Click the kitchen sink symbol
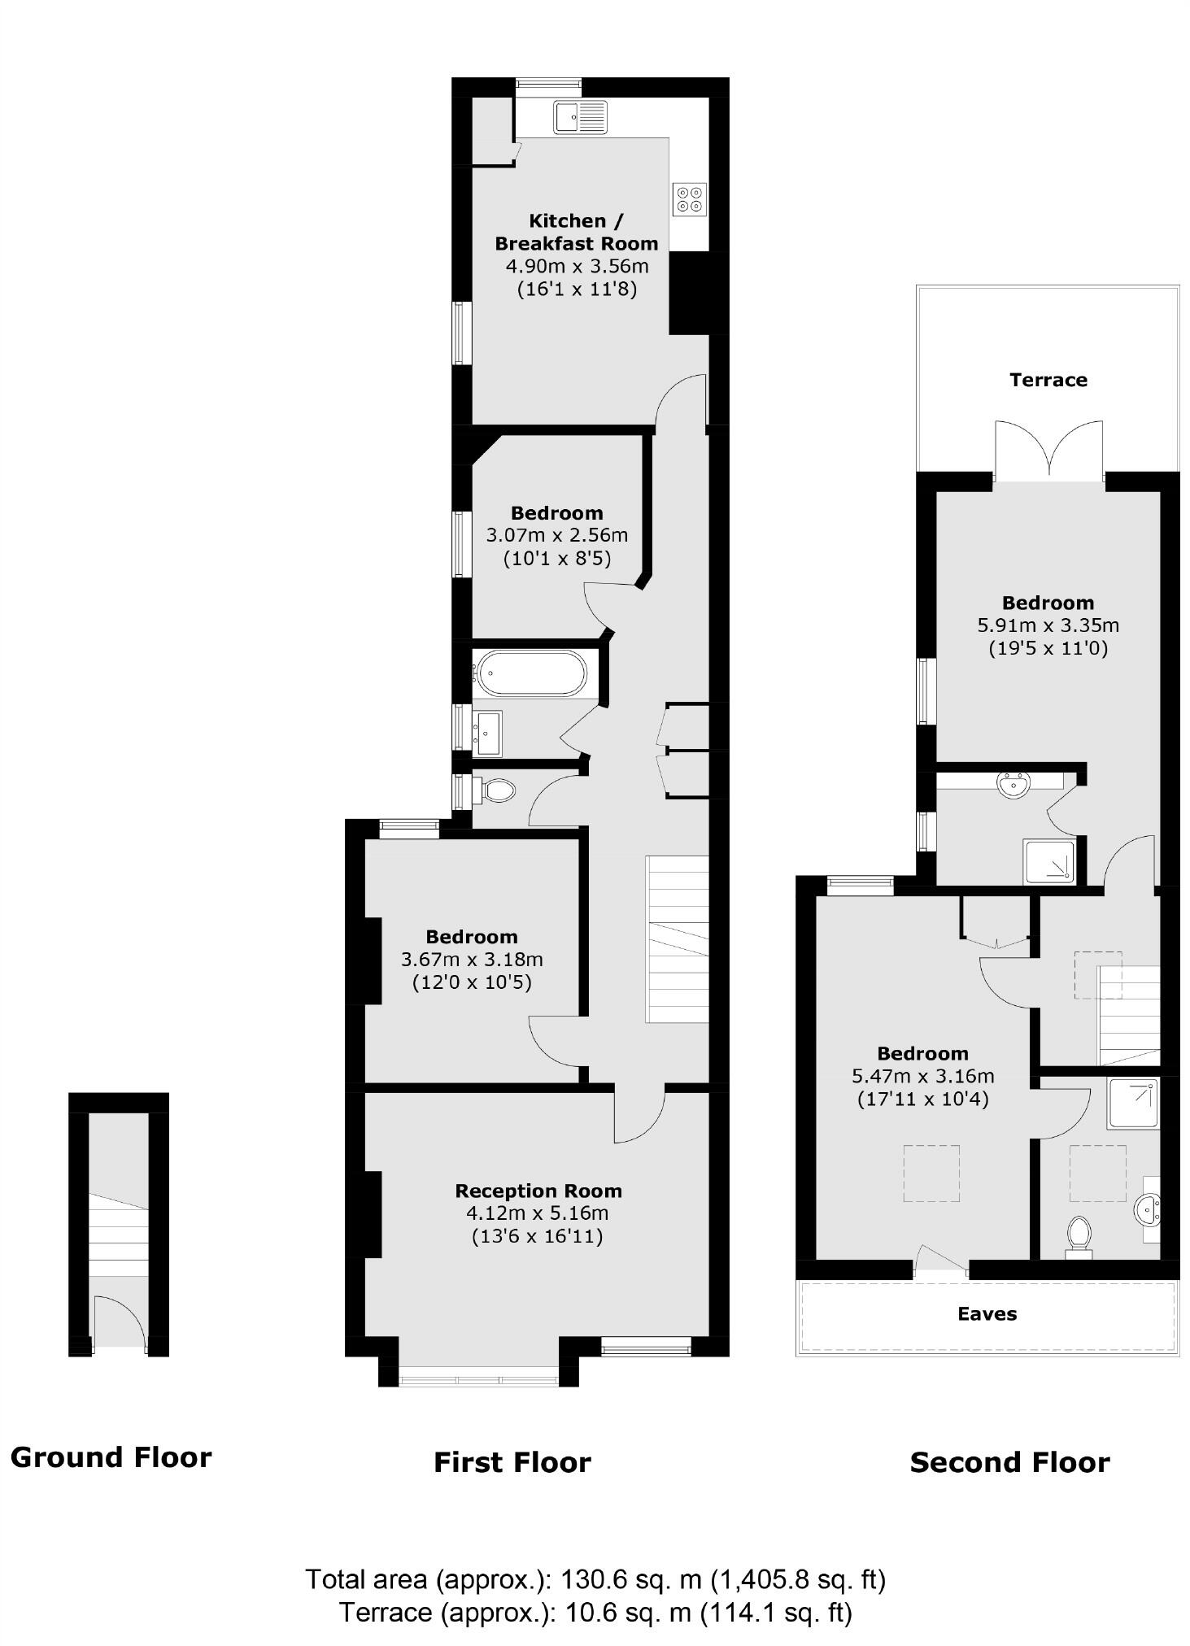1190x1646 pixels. click(581, 116)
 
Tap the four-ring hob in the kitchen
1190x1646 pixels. click(690, 199)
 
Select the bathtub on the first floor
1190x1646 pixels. click(530, 673)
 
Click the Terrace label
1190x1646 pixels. click(1048, 380)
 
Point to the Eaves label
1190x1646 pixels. click(987, 1313)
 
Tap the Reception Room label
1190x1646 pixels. click(538, 1191)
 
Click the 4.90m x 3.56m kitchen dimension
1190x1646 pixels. click(577, 266)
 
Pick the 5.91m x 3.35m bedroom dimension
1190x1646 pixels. click(1048, 625)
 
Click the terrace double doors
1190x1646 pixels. click(1048, 450)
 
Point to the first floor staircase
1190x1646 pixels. click(677, 938)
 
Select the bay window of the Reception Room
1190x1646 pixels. click(478, 1378)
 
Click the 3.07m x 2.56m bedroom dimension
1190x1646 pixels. click(556, 535)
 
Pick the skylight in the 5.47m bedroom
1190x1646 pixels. click(931, 1174)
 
